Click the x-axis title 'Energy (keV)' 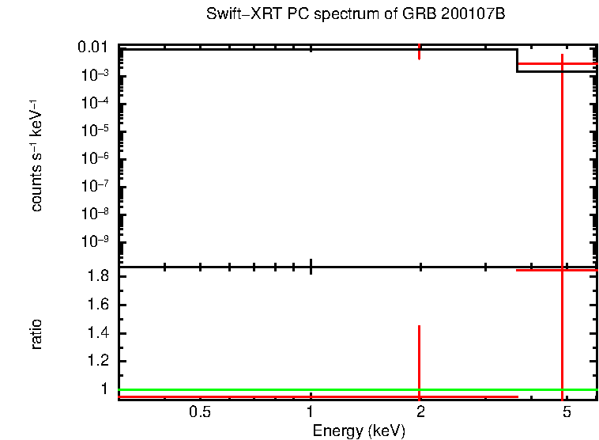coord(359,431)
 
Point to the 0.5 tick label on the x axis coord(200,412)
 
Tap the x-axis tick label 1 coord(311,412)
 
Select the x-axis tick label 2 coord(420,412)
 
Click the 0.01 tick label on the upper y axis coord(93,47)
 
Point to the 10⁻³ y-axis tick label coord(96,75)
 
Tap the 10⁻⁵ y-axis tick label coord(96,131)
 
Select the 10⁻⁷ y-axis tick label coord(96,186)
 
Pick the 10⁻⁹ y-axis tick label coord(96,241)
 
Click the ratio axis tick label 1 coord(104,389)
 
